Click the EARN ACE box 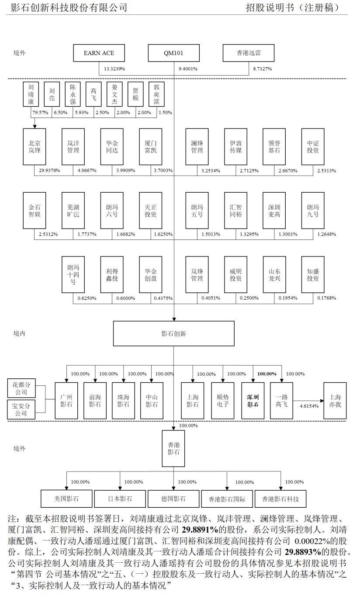99,53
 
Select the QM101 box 173,53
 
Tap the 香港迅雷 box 249,53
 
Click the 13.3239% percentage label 115,69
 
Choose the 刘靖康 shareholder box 31,94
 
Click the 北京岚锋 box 34,146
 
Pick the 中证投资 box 313,146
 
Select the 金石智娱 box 34,211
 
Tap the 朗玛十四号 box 73,274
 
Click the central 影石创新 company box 173,334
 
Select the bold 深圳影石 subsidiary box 253,401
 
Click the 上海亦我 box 335,401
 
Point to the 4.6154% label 309,406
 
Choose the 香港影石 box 173,448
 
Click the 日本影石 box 120,499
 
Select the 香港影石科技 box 280,499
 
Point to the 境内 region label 19,334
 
